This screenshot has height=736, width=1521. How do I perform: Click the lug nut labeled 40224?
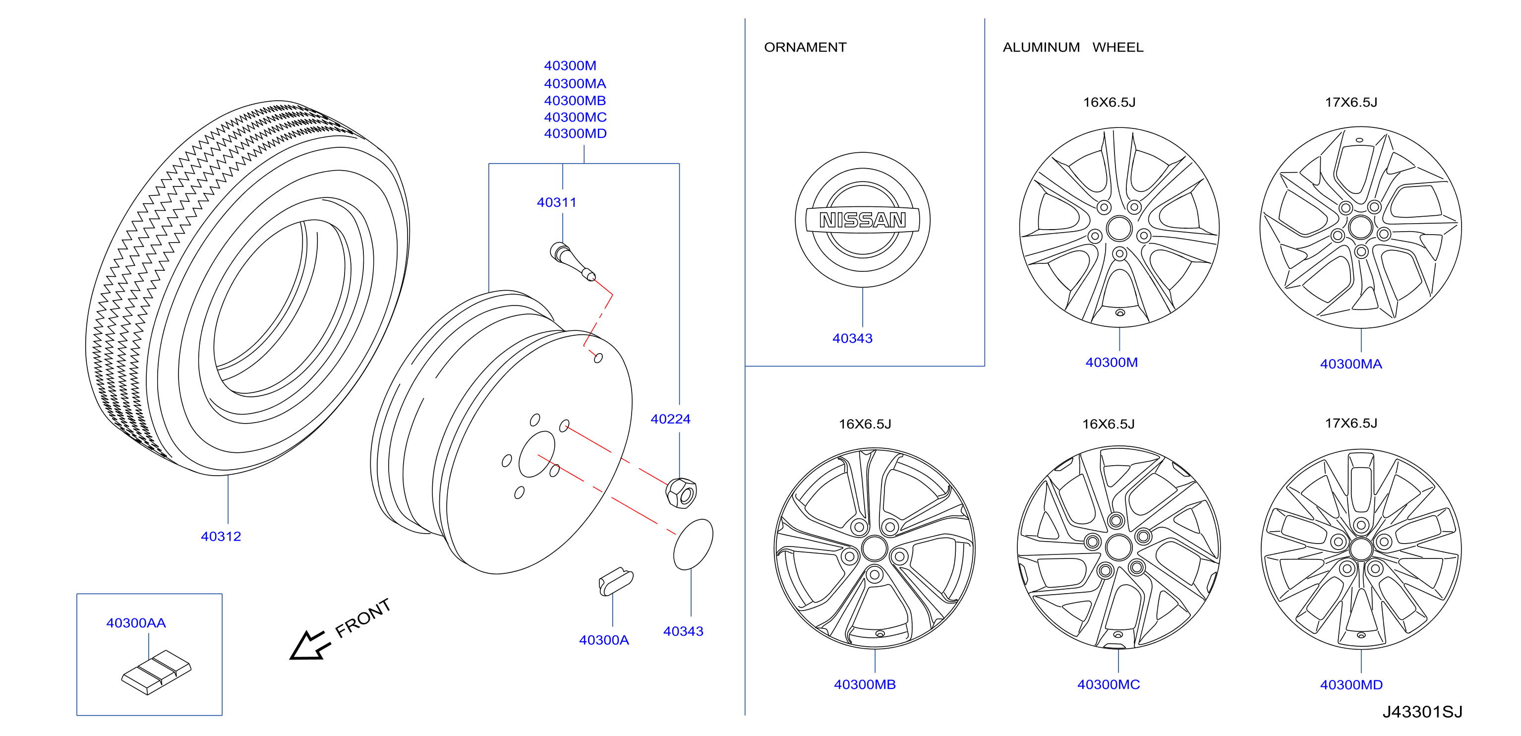pyautogui.click(x=681, y=492)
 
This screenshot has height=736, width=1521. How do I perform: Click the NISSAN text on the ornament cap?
pyautogui.click(x=863, y=220)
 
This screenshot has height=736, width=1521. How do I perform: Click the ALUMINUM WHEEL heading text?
pyautogui.click(x=1073, y=47)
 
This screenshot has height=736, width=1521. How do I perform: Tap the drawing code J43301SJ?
pyautogui.click(x=1422, y=712)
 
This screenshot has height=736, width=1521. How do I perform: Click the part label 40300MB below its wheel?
pyautogui.click(x=865, y=684)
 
